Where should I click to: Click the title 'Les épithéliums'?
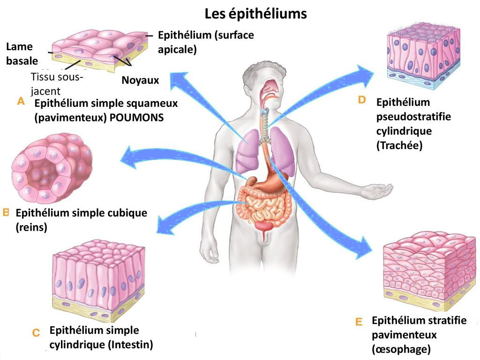point(255,14)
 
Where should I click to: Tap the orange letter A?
point(21,101)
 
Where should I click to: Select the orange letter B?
point(6,212)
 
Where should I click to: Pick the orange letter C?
point(36,332)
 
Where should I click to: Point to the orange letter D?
point(362,100)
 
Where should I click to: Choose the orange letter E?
point(359,322)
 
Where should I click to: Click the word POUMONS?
point(136,118)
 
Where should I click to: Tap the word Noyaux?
point(141,80)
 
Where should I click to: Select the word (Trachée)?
point(399,145)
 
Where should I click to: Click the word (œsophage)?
point(401,349)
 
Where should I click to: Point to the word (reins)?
point(31,227)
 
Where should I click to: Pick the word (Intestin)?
point(131,345)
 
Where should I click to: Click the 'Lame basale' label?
point(22,54)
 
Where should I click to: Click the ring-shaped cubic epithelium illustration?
point(52,168)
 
